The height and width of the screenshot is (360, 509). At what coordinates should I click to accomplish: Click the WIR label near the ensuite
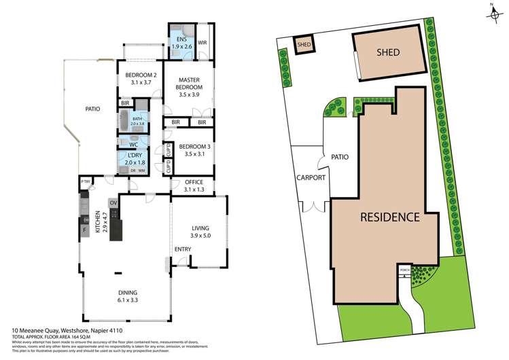(x=202, y=43)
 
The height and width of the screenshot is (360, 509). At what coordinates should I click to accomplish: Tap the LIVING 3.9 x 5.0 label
(x=200, y=232)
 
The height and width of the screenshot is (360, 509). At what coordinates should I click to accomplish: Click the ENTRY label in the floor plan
(x=182, y=249)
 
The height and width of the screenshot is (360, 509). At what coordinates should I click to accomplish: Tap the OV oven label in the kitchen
(x=114, y=202)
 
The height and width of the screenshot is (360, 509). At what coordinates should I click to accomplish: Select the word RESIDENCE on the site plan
(x=388, y=217)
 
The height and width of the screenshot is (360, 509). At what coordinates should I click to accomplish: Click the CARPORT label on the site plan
(x=311, y=178)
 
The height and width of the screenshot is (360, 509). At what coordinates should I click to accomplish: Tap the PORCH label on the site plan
(x=405, y=269)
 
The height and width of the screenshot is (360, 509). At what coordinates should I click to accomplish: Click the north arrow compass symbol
(x=490, y=9)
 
